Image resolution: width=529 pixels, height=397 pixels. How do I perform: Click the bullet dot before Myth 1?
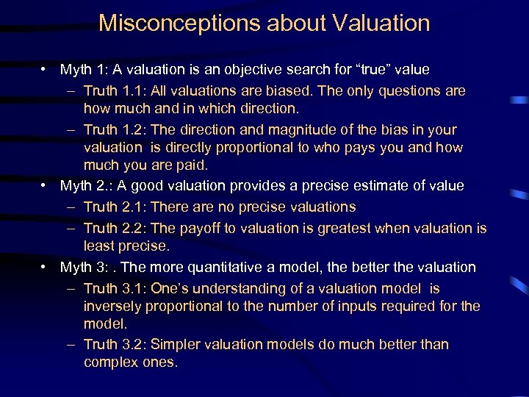(x=46, y=70)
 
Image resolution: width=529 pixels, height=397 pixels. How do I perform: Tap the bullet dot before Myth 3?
(x=46, y=267)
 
